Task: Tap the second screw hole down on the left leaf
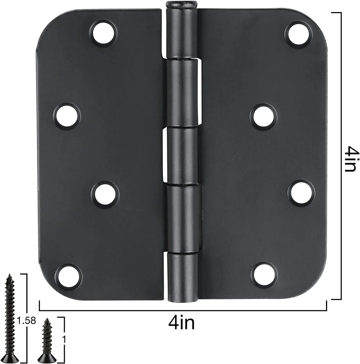click(x=67, y=116)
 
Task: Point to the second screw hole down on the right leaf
click(x=264, y=116)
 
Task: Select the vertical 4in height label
click(x=350, y=159)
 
